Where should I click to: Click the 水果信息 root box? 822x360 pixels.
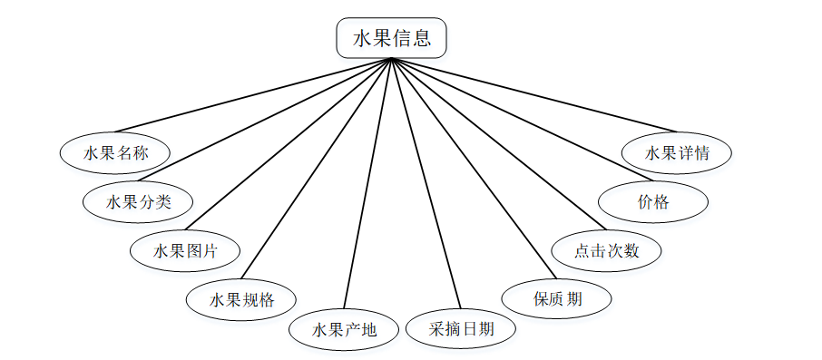[391, 39]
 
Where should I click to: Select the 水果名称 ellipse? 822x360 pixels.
[115, 152]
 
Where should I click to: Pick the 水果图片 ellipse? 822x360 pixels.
[184, 250]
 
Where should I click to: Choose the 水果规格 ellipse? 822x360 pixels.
[241, 298]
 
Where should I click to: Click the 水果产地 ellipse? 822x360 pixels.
[344, 329]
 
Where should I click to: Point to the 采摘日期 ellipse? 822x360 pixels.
[461, 329]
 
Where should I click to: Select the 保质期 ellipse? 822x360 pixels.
[556, 298]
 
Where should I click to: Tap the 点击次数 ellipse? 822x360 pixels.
[607, 250]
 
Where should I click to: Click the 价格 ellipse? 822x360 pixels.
[653, 201]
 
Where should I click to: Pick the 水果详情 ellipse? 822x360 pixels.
[677, 152]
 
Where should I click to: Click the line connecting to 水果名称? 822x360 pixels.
[253, 95]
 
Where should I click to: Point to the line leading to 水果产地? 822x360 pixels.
[367, 183]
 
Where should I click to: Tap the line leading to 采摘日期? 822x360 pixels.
[426, 183]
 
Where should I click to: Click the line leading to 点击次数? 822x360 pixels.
[498, 143]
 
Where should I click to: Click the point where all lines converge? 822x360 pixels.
[391, 59]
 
